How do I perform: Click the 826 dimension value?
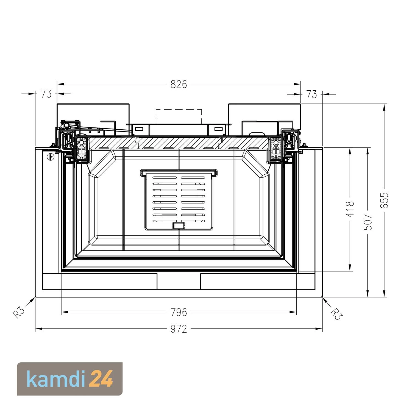[179, 84]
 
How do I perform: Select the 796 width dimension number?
[179, 312]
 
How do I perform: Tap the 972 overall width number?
[179, 329]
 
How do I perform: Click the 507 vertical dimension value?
[369, 222]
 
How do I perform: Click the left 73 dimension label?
[46, 94]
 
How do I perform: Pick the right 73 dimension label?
[311, 94]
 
